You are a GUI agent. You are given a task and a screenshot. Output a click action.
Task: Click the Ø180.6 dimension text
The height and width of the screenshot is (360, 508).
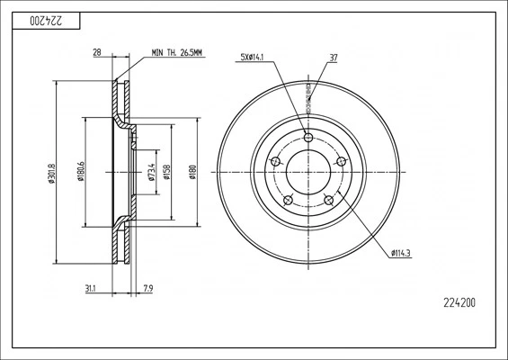81,171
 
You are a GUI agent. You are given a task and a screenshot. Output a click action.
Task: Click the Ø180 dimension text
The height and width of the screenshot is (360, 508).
192,171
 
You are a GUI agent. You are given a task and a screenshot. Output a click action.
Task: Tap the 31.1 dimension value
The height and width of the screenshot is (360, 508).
90,289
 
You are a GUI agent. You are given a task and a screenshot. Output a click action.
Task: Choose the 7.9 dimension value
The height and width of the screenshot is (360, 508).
147,289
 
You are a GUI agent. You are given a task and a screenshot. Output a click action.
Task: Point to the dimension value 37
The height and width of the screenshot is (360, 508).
334,60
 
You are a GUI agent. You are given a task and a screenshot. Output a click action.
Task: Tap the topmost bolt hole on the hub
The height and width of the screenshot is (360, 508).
308,137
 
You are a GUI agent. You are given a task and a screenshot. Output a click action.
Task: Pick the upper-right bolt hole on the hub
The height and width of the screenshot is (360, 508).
341,161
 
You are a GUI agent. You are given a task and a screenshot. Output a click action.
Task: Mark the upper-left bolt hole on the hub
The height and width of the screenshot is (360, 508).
275,162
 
